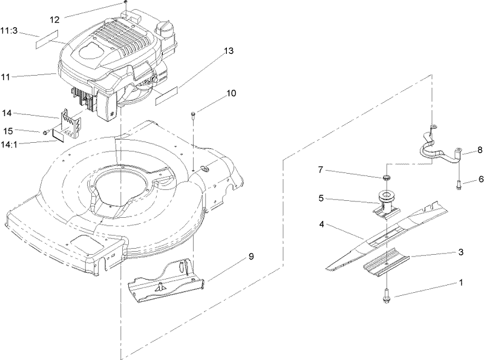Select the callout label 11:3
click(11, 30)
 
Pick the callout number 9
click(250, 257)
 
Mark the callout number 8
click(480, 149)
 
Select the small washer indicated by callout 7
click(385, 177)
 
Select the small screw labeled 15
click(45, 131)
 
